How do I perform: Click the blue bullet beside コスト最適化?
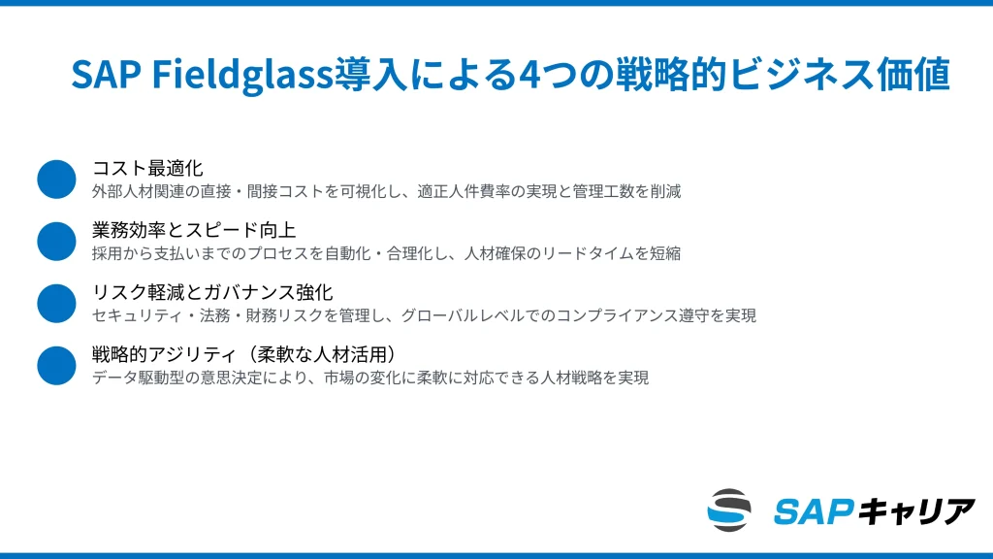[x=56, y=180]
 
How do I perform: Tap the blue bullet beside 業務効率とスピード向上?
[x=56, y=242]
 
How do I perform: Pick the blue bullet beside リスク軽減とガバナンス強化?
[x=56, y=304]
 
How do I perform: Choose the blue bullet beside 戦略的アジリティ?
[x=56, y=366]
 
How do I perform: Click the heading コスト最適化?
[x=147, y=168]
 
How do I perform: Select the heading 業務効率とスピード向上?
[x=194, y=230]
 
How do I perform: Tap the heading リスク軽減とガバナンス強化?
[x=212, y=292]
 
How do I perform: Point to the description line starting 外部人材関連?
[x=386, y=191]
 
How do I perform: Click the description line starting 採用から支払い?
[x=386, y=253]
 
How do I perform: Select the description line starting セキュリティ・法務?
[x=424, y=315]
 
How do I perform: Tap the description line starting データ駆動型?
[x=369, y=378]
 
